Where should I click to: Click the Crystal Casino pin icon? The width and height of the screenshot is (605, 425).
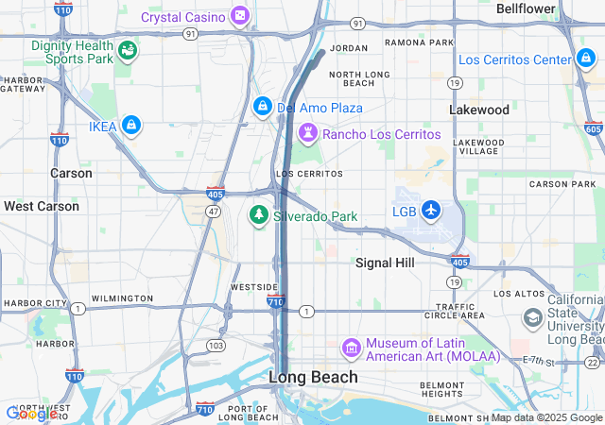coord(240,16)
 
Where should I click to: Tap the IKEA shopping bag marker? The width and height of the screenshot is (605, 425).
coord(131,124)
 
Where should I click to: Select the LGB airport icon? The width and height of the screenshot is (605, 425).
coord(431,209)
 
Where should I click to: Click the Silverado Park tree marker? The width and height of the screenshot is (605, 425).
coord(257,215)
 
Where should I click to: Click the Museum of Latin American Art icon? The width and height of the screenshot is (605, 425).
coord(352,348)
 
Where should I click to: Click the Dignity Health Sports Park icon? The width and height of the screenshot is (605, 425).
coord(127,51)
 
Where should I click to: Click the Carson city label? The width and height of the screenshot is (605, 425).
coord(71,173)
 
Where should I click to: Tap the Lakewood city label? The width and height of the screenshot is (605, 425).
coord(478,110)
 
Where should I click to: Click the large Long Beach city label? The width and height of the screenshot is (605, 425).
coord(314,377)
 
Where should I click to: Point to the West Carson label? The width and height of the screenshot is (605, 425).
coord(42,205)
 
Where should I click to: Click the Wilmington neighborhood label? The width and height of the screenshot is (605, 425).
coord(122,298)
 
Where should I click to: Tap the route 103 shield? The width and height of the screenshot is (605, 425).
coord(216,346)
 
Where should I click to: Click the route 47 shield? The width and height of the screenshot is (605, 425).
coord(215,211)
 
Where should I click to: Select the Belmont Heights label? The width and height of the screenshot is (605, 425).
coord(442,390)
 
